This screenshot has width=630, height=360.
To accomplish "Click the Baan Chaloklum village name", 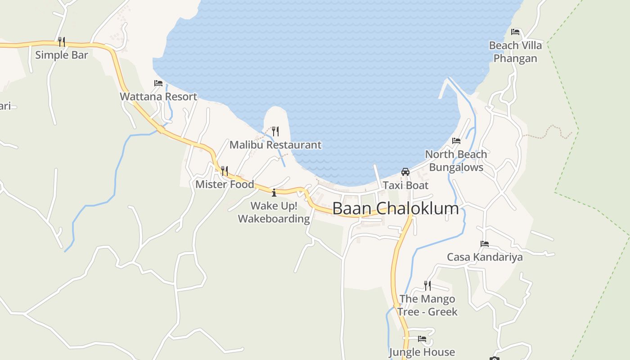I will point(396,208).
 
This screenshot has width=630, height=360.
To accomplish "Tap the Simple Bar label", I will point(61,55).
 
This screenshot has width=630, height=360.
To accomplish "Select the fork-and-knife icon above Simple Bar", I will point(62,41).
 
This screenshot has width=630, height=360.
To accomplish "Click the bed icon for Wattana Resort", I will point(158,83).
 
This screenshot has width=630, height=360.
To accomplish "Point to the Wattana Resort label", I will point(158,96).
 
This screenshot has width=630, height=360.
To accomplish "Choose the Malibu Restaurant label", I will point(275,144).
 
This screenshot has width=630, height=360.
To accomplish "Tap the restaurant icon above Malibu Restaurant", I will point(275,131).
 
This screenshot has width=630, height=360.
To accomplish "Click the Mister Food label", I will point(225,184).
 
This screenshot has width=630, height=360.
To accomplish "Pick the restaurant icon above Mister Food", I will point(225,171).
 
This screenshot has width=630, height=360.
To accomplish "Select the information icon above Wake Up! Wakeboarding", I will point(274,193).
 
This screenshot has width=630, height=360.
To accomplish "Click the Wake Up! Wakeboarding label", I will point(274,212).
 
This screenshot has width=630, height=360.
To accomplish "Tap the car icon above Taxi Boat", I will point(405,171).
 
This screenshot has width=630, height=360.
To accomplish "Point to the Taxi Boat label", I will point(405,185).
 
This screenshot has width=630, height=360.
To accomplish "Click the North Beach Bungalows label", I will point(456,161).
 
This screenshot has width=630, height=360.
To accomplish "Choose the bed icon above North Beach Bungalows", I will point(456,141).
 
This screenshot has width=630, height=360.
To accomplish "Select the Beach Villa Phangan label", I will point(515,52).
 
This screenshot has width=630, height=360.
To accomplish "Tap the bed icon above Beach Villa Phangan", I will point(515,32).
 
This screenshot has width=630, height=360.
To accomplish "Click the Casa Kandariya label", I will point(485,257).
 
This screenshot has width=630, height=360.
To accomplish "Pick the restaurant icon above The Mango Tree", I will point(427,285).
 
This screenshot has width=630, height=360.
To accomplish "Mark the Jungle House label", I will point(422,352).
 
